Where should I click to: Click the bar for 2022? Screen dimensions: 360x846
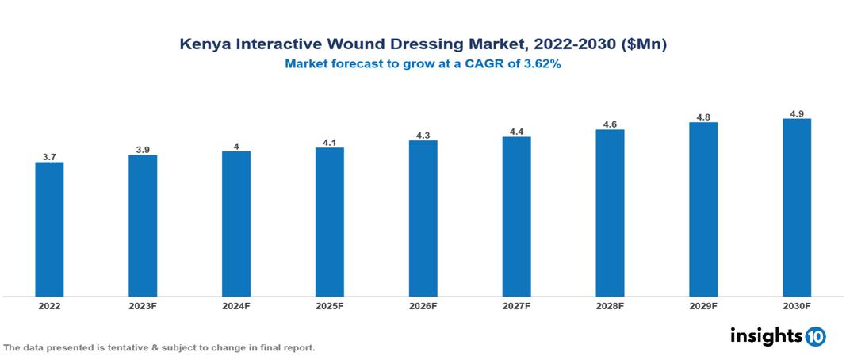point(49,229)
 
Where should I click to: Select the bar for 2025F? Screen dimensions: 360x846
point(329,222)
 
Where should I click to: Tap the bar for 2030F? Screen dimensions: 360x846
point(796,208)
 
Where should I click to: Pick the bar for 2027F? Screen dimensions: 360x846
point(516,216)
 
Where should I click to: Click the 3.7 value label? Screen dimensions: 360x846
point(49,157)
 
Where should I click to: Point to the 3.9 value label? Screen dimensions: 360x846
point(143,150)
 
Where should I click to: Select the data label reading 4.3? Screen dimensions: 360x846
point(423,136)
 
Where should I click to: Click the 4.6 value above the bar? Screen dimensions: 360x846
point(610,124)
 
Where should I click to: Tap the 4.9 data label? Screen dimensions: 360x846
point(796,113)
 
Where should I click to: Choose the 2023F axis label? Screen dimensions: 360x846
point(143,306)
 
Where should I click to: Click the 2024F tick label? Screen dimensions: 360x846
point(236,306)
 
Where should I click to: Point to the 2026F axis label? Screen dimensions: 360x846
point(423,306)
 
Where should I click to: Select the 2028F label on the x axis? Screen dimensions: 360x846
point(610,306)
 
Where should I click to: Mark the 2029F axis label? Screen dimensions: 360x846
point(703,306)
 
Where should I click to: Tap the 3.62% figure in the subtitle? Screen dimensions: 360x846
point(541,65)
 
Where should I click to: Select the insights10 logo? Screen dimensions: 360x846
point(778,336)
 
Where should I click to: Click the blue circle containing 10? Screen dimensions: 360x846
point(815,337)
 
